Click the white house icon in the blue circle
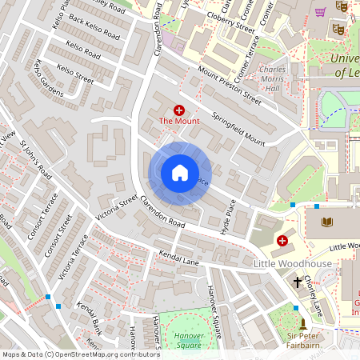click(180, 173)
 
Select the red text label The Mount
click(178, 121)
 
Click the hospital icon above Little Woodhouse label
click(282, 240)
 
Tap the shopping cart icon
click(321, 12)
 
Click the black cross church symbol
click(298, 282)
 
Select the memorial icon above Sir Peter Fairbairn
click(302, 323)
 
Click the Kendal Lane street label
click(178, 262)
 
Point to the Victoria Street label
click(117, 207)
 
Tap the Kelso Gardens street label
click(49, 78)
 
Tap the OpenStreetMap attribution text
click(80, 354)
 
